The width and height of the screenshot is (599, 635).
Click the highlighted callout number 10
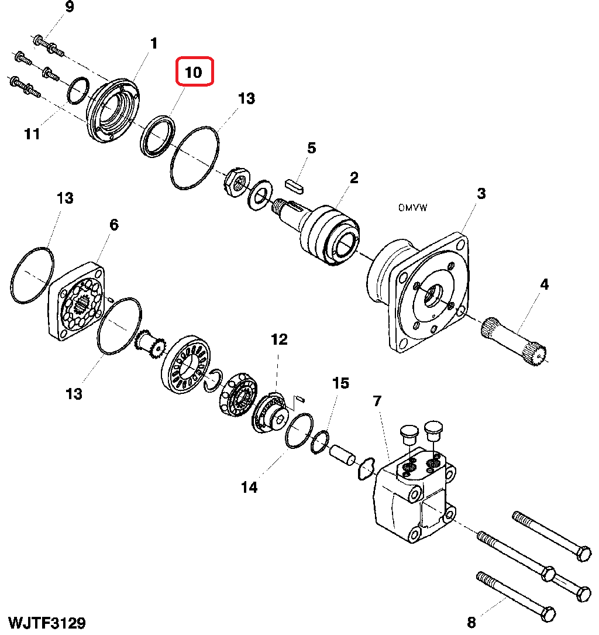point(194,73)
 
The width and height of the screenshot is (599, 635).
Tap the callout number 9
point(70,7)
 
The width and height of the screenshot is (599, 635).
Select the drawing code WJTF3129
point(47,623)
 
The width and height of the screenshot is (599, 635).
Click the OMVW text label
point(412,208)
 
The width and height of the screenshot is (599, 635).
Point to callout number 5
point(311,148)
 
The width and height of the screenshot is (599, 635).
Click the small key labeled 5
point(295,187)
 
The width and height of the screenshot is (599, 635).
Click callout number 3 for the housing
point(481,194)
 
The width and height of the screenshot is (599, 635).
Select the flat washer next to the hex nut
point(260,195)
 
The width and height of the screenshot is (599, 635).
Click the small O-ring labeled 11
point(78,90)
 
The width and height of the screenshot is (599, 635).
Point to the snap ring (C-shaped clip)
point(214,381)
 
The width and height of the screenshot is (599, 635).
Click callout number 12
point(279,339)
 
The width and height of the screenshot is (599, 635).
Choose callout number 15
point(340,383)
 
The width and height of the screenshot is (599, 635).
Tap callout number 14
point(249,487)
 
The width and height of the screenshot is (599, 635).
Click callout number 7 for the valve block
point(377,401)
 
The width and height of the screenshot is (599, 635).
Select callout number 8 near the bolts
point(471,623)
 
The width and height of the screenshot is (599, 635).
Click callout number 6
point(114,225)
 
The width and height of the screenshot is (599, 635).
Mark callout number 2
point(354,178)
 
